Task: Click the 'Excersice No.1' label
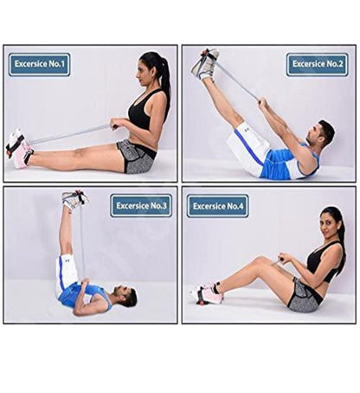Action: click(40, 64)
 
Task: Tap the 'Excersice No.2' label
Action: click(317, 64)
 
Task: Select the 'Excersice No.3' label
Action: click(141, 205)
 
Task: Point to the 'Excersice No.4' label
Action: click(219, 205)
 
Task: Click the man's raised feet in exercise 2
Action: click(205, 64)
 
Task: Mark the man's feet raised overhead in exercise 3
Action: click(74, 198)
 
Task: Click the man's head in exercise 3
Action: click(127, 297)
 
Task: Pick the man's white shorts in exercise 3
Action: click(66, 273)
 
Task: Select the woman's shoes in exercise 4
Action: click(208, 293)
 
